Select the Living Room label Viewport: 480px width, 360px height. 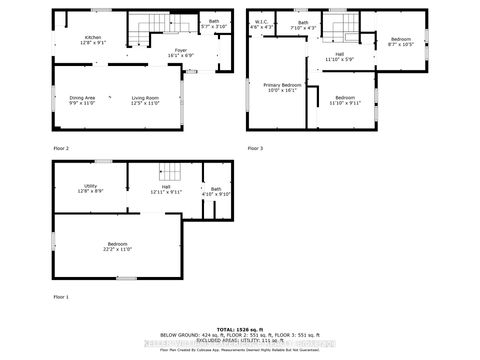pyautogui.click(x=145, y=100)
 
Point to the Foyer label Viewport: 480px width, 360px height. pyautogui.click(x=180, y=53)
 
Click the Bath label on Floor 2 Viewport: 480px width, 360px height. pyautogui.click(x=214, y=23)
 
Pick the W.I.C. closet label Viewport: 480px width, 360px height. pyautogui.click(x=260, y=24)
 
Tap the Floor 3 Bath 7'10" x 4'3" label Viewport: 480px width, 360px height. pyautogui.click(x=302, y=24)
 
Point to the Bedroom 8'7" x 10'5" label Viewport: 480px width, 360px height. pyautogui.click(x=400, y=41)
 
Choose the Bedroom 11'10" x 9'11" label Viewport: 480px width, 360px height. pyautogui.click(x=346, y=100)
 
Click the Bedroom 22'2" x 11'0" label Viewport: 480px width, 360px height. pyautogui.click(x=118, y=246)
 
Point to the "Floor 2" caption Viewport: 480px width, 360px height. pyautogui.click(x=62, y=148)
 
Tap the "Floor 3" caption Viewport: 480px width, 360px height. pyautogui.click(x=256, y=148)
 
